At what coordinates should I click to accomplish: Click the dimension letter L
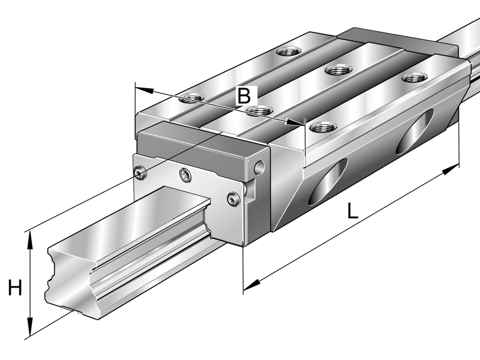[352, 210]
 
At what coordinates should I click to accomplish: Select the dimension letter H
[15, 289]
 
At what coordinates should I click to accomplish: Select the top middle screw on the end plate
[185, 175]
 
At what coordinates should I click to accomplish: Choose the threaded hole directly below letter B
[259, 110]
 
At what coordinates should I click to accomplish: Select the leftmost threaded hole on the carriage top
[192, 97]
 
